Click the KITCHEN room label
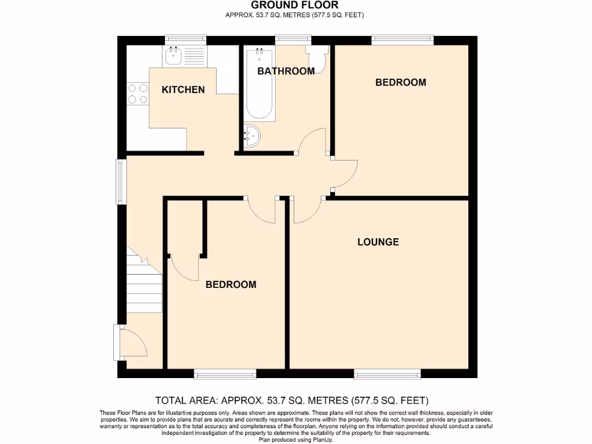pos(183,90)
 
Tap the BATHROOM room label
pos(286,71)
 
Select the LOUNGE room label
pos(378,242)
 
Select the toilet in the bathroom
pos(317,58)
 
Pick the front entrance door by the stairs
pos(133,341)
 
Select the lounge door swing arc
pos(306,211)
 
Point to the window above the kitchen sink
pos(186,39)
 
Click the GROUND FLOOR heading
pos(295,5)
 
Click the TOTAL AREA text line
pos(291,400)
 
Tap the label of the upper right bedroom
pos(401,82)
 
